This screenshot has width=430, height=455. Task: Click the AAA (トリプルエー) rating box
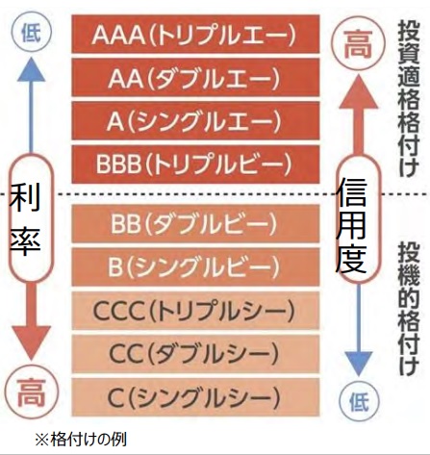195,34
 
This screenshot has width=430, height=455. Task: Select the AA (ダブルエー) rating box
195,77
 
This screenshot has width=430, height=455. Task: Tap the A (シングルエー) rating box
195,120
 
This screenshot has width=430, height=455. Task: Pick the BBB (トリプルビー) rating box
195,164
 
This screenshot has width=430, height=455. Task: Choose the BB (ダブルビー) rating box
195,223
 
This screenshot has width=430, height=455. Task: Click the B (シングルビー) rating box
195,266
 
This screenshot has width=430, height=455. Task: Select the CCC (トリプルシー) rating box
195,311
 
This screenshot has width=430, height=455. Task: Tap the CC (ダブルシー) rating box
195,354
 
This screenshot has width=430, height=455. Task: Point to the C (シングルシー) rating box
195,397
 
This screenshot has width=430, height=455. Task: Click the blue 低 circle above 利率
31,33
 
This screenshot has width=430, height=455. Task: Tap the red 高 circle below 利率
32,392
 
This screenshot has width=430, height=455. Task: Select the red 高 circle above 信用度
358,45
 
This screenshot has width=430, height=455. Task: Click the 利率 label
25,219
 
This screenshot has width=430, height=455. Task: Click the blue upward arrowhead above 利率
31,69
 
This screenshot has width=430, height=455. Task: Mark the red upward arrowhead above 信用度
358,91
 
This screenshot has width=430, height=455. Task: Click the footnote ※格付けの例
81,440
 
